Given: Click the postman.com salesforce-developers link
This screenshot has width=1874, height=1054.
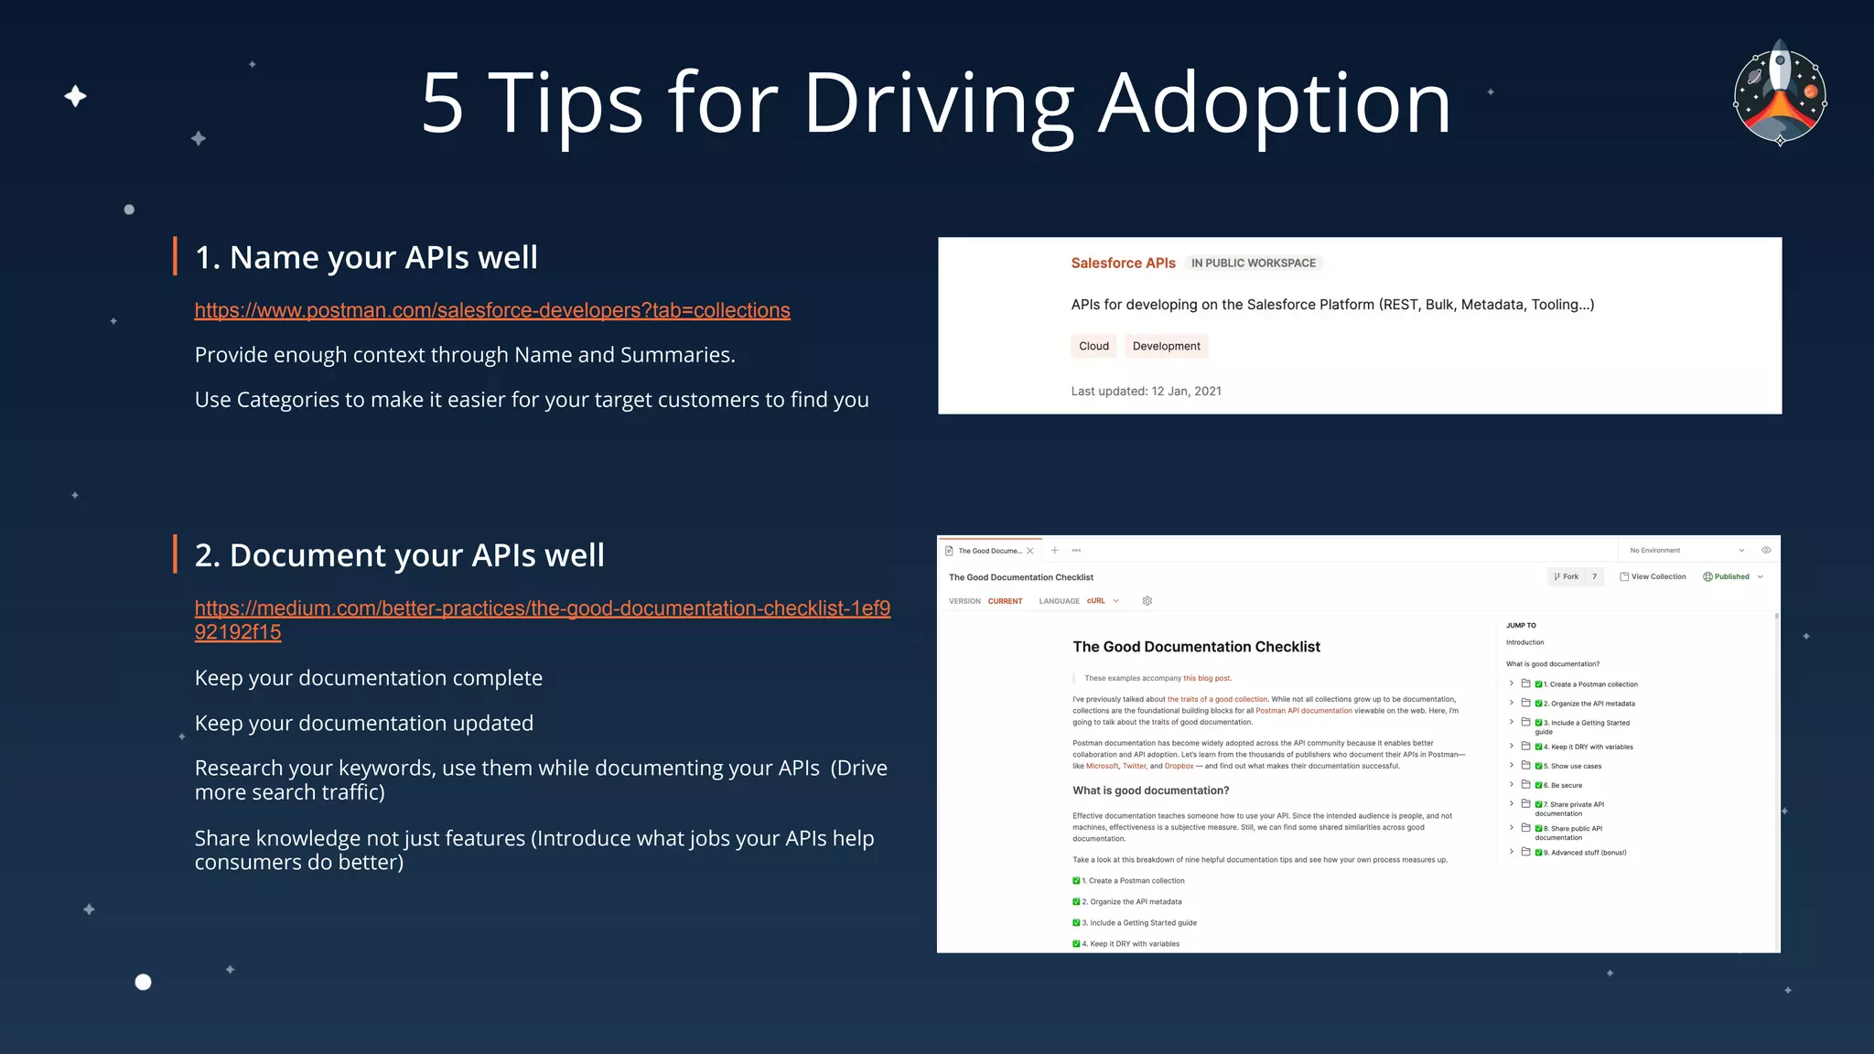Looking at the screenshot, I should point(492,311).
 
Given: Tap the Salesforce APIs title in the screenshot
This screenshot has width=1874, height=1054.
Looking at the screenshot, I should point(1123,263).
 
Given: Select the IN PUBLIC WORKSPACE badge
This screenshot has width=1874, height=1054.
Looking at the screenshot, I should point(1253,263).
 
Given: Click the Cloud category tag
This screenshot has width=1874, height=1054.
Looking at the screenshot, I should point(1093,346).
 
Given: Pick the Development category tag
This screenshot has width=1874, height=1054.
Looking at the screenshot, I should point(1166,346).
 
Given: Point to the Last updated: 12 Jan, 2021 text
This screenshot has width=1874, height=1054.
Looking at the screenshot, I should point(1146,392).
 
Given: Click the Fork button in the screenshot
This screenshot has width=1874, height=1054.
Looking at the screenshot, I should point(1567,576).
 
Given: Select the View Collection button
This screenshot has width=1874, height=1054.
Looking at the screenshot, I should point(1653,576).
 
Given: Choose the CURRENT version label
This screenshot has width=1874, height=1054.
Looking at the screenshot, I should point(1005,601).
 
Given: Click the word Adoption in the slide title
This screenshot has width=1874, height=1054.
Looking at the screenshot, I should point(1274,104).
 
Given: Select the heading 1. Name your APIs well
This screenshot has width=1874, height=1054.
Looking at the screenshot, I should point(366,258).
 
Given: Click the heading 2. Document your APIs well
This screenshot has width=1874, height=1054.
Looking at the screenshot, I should point(399,555).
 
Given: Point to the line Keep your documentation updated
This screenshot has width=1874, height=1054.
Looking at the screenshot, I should point(363,724).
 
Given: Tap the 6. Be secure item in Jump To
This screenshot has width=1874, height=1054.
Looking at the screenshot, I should point(1562,785).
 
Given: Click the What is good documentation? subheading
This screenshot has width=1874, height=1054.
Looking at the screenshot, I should point(1150,790).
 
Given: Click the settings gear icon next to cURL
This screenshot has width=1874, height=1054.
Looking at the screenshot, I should point(1147,601).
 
